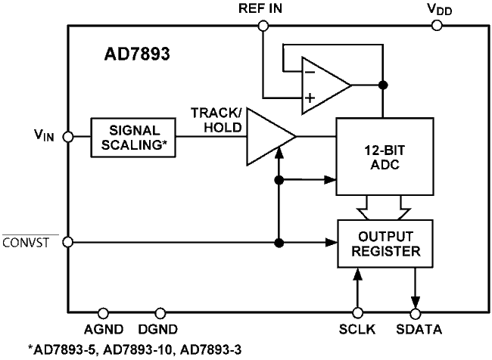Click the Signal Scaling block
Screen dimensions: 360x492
133,137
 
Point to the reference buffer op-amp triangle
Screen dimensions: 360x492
325,84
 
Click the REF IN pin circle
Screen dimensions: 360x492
263,26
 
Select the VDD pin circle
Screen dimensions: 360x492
437,26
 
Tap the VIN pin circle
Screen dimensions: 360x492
67,137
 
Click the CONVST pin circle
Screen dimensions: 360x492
67,242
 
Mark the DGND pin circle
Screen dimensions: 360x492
160,312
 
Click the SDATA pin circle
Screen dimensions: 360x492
415,312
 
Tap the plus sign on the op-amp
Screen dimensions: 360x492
310,97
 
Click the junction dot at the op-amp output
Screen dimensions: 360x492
383,84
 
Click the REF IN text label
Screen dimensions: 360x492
262,8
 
